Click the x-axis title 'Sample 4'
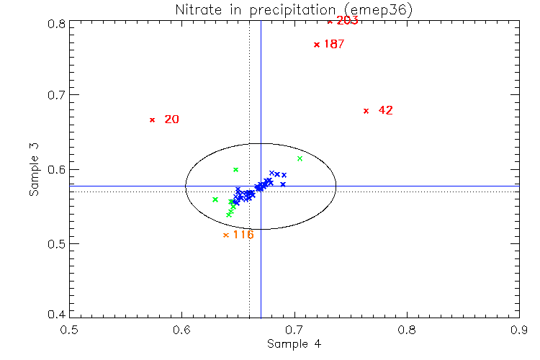(294, 344)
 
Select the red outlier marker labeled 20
(152, 120)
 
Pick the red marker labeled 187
(316, 45)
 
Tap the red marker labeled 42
(366, 110)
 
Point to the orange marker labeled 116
(226, 235)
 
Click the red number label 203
(347, 21)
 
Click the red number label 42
(385, 110)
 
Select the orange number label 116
(243, 235)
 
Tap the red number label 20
(171, 120)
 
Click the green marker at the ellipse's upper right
(300, 158)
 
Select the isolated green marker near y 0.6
(235, 169)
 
